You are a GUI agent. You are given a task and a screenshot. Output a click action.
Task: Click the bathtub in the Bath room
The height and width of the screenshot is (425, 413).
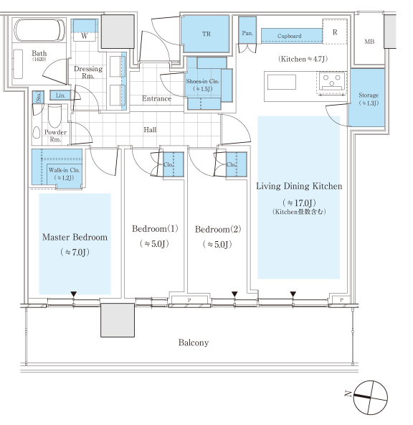pos(39,30)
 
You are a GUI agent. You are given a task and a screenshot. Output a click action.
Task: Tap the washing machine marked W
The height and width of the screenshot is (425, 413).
pos(85,30)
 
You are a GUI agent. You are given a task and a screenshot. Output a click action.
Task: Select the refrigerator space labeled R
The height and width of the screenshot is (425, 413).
pos(335,32)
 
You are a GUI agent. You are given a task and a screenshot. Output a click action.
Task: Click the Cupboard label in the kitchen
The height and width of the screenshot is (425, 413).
pos(290,36)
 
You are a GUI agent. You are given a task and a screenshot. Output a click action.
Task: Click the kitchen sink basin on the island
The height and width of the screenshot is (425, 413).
pos(282,82)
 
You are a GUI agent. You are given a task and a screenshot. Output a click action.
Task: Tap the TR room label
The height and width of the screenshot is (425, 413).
pos(206,34)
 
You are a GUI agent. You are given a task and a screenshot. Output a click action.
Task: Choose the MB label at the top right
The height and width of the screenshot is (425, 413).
pos(369,42)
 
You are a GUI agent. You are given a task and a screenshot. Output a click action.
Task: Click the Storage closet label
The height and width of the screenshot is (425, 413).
pos(369,95)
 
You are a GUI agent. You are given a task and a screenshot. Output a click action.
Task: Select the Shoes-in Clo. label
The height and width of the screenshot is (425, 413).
pos(202,81)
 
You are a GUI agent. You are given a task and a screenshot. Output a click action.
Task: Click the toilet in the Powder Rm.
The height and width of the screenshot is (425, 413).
pos(55,116)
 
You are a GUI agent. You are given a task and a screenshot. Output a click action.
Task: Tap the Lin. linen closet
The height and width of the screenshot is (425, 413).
pos(60,95)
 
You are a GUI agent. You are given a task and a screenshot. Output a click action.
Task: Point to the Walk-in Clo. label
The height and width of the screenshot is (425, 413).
pos(64,170)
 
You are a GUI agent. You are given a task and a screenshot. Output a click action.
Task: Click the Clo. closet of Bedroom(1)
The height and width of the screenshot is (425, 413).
pos(174,164)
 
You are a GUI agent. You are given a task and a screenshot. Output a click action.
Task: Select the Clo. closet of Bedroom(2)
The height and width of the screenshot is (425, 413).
pos(237,164)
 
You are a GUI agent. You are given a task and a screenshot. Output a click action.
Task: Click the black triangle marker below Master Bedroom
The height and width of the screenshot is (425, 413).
pos(74,294)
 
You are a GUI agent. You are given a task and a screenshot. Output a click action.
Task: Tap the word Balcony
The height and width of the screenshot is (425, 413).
pos(194,342)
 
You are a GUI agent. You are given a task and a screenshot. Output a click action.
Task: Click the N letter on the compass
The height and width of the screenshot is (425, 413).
pos(348,393)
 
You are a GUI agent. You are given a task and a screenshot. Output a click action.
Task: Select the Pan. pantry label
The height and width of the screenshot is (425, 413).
pos(247,33)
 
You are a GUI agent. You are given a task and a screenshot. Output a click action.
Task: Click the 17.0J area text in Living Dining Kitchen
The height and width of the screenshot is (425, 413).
pos(299,202)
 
